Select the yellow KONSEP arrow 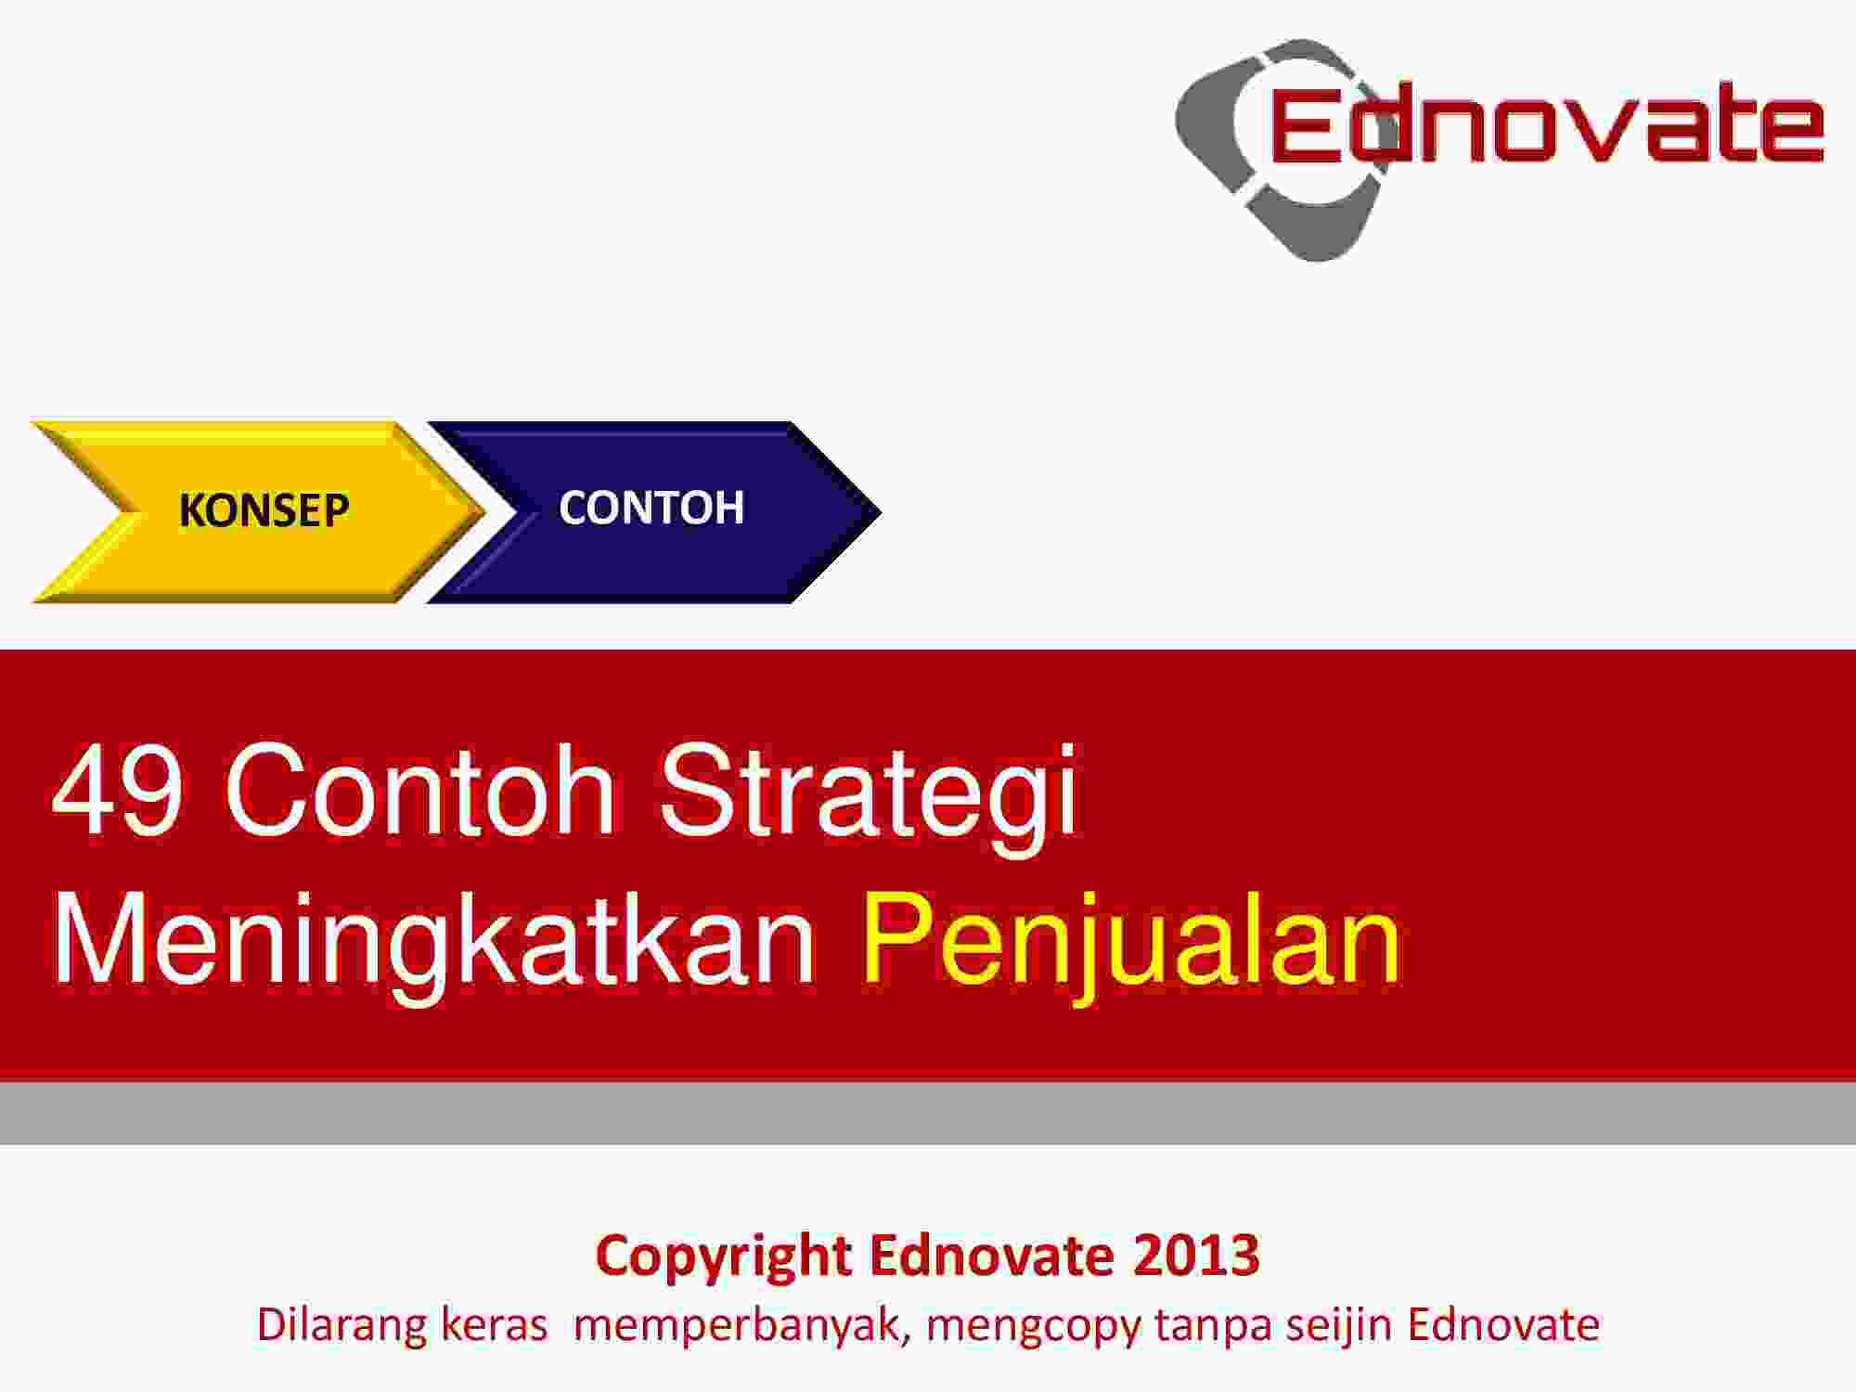tap(259, 511)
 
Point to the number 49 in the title tap(118, 790)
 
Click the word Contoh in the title tap(419, 789)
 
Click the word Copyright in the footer tap(724, 1258)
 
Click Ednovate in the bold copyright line tap(991, 1256)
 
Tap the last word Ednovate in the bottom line tap(1503, 1325)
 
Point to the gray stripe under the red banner tap(928, 1113)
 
